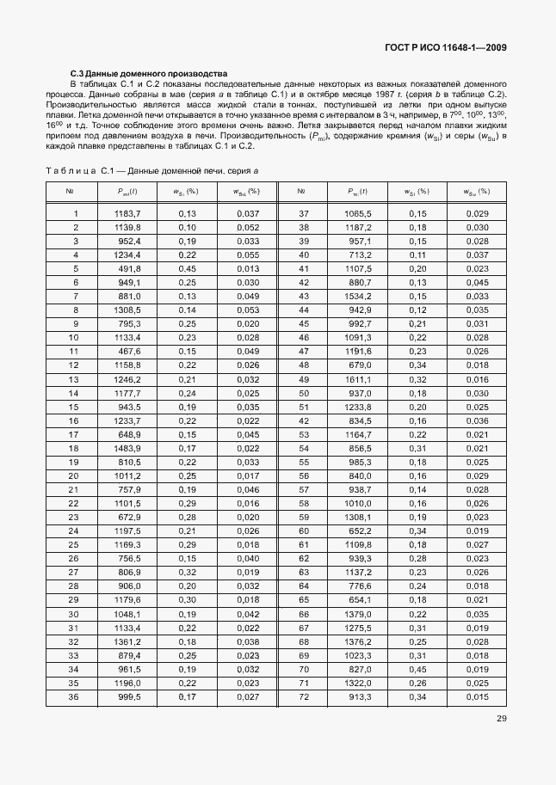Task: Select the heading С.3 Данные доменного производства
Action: [148, 74]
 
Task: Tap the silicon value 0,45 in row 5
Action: [187, 268]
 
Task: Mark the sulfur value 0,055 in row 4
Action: [247, 255]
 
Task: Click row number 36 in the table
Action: [73, 696]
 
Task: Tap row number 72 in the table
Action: [303, 696]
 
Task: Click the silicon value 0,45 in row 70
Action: [417, 669]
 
